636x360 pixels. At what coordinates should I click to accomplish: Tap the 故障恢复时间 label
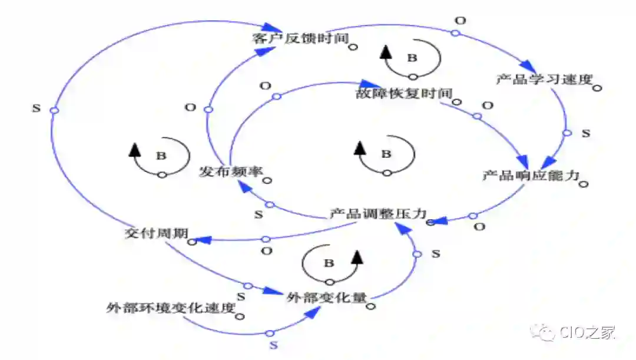coord(403,94)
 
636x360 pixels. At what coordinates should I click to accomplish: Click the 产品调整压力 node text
coord(377,214)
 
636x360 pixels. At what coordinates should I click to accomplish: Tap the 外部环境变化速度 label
coord(171,308)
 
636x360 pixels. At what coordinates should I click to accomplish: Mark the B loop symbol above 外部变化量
coord(329,263)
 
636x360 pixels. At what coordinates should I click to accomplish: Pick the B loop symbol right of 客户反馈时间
coord(412,58)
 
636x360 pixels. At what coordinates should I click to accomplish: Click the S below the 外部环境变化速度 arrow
coord(273,344)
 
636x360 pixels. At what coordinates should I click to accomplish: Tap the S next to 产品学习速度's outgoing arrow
coord(585,134)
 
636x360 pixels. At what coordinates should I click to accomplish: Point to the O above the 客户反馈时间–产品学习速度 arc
coord(461,21)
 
